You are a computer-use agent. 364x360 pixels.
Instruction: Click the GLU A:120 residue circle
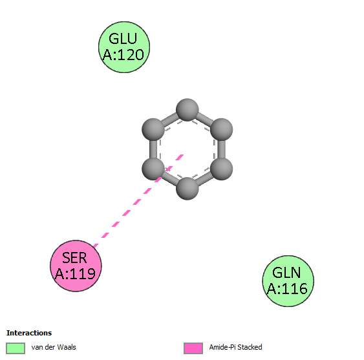pos(124,47)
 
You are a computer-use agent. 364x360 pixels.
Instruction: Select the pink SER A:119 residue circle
pos(76,266)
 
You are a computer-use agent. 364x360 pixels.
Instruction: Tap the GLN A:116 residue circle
pos(288,281)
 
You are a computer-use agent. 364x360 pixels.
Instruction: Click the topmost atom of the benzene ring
pos(187,110)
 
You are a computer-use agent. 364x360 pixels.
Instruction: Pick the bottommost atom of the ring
pos(187,188)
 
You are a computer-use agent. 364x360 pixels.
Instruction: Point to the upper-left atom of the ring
pos(153,129)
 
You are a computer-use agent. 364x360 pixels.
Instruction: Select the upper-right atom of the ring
pos(222,129)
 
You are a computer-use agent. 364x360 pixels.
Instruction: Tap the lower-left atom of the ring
pos(153,169)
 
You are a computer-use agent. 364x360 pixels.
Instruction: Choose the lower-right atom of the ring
pos(222,169)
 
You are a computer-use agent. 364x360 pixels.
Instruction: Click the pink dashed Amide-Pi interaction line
pos(138,201)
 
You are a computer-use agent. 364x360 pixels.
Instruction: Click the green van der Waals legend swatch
pos(16,348)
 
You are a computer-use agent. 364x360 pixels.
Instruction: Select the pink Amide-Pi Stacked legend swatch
pos(193,348)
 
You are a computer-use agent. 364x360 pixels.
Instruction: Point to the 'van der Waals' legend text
pos(54,347)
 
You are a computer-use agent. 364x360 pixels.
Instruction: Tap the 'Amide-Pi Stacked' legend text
pos(235,347)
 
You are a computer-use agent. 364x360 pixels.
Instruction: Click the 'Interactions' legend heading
pos(29,333)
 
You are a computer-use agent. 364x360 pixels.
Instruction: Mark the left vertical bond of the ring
pos(153,149)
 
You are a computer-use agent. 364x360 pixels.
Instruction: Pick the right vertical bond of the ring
pos(222,149)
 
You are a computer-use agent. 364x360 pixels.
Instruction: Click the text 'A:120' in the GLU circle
pos(123,55)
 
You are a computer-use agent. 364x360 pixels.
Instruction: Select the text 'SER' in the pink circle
pos(74,258)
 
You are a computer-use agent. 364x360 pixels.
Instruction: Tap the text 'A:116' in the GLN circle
pos(287,289)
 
